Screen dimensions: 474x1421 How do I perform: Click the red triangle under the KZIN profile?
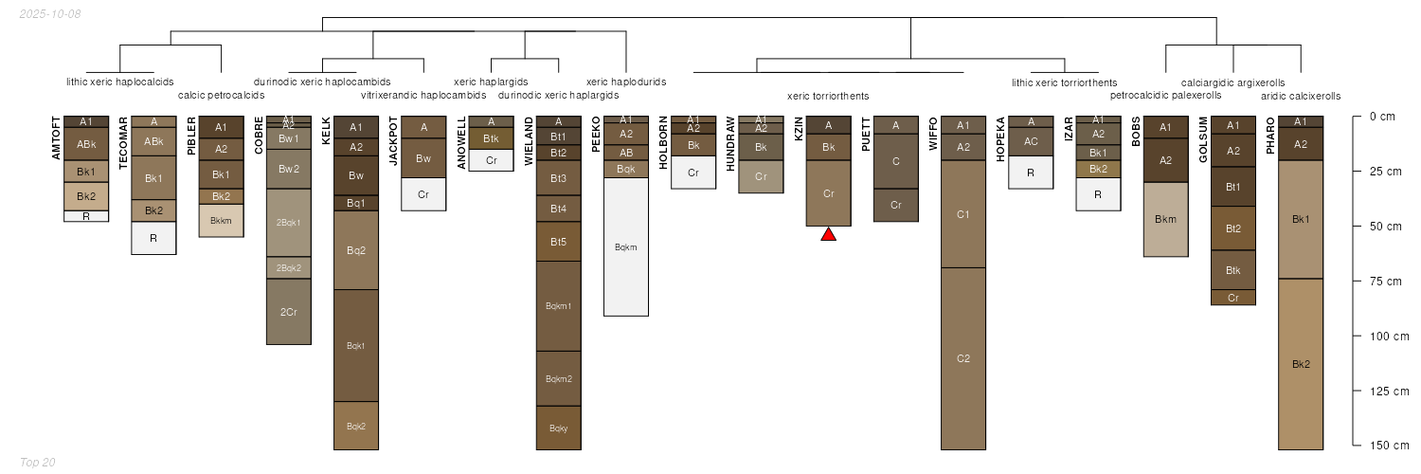point(828,234)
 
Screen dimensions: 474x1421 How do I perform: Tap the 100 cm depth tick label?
point(1389,337)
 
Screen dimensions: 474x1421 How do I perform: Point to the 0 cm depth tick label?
point(1382,117)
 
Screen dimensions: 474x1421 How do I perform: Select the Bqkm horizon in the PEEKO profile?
point(626,247)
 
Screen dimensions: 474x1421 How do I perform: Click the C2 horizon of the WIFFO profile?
point(963,358)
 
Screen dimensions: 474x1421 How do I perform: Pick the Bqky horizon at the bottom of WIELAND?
point(559,428)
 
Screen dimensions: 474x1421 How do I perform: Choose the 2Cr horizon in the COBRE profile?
point(289,312)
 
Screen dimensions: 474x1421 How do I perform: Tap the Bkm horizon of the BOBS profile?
point(1166,219)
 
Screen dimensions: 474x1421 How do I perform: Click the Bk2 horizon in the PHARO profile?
point(1301,364)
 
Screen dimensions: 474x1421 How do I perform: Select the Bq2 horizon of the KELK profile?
point(356,250)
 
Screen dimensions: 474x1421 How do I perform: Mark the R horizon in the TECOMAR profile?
point(153,238)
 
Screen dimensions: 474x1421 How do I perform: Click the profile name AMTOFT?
point(56,137)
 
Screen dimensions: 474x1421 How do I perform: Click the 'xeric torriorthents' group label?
point(828,96)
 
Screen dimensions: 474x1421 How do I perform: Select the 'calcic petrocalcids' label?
point(222,95)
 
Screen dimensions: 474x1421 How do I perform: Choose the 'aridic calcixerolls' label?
point(1301,96)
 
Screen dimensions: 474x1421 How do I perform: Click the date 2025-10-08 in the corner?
point(49,14)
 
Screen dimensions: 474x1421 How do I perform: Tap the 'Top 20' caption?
point(37,462)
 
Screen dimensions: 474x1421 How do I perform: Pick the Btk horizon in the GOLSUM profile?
point(1233,270)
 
